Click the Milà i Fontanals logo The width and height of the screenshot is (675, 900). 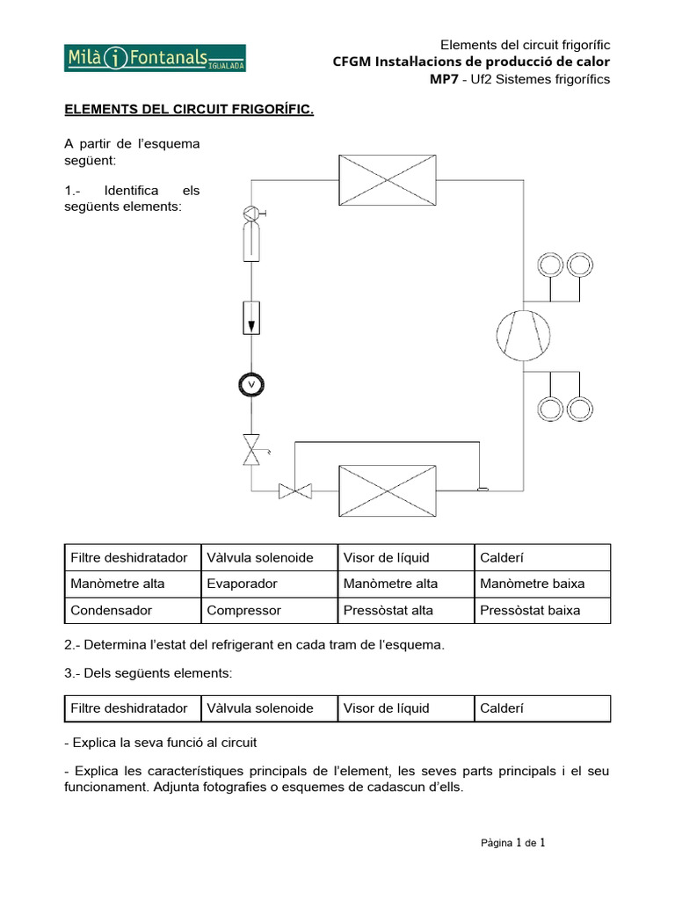tap(155, 58)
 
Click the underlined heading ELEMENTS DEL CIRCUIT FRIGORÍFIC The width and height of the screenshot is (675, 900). tap(189, 109)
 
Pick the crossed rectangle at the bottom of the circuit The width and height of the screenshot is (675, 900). tap(388, 490)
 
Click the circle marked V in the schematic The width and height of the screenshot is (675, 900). tap(251, 384)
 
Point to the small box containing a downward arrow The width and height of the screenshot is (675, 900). tap(251, 317)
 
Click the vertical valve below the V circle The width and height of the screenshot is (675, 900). tap(252, 452)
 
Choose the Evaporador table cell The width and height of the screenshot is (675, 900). tap(242, 584)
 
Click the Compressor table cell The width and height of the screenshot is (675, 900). tap(243, 610)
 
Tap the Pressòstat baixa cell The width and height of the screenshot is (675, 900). tap(530, 610)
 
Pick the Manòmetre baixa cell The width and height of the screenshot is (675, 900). tap(532, 584)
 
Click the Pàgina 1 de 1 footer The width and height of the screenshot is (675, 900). tap(513, 843)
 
